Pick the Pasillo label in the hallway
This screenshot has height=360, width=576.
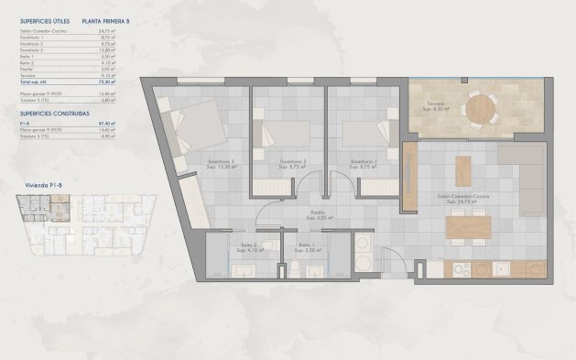pyautogui.click(x=317, y=215)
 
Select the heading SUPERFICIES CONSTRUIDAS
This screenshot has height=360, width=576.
pyautogui.click(x=53, y=112)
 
